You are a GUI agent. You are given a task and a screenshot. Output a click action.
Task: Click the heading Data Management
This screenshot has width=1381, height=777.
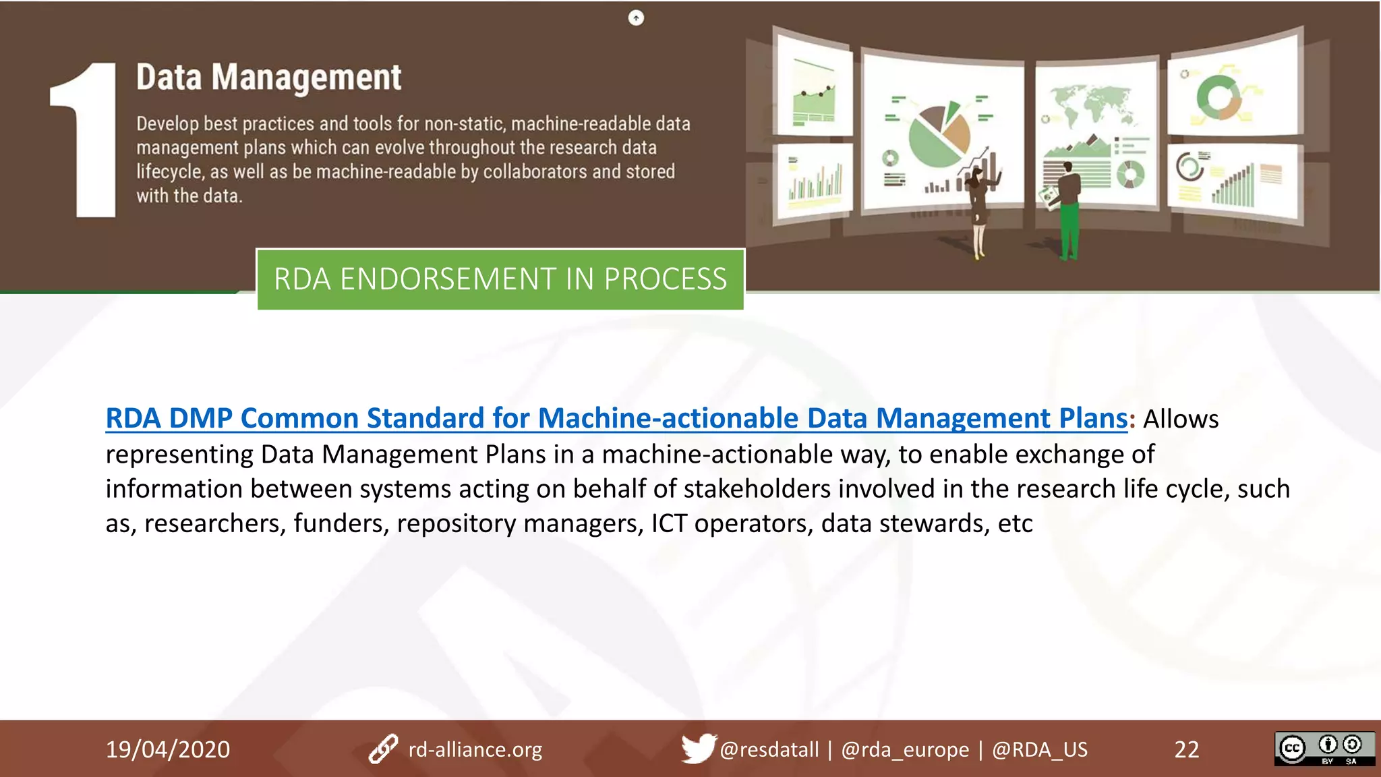(268, 77)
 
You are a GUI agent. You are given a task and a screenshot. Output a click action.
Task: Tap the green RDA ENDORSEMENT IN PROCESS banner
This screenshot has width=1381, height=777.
(500, 279)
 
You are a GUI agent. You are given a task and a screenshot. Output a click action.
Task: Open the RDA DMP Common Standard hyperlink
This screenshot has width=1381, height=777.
(616, 418)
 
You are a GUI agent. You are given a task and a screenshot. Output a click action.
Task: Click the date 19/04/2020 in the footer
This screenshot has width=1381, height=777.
(168, 749)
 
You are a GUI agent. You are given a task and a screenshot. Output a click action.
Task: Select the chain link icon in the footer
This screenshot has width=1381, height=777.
(383, 749)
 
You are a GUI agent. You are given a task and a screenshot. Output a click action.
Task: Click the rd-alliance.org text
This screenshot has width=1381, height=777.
(475, 749)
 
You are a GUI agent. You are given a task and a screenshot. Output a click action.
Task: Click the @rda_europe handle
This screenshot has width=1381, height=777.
(905, 749)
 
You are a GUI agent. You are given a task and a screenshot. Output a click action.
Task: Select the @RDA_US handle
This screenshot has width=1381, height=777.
(1039, 749)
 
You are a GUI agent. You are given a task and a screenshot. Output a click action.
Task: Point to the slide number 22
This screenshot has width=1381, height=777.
(1187, 749)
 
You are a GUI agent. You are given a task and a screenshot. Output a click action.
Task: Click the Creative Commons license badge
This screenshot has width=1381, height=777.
(1324, 749)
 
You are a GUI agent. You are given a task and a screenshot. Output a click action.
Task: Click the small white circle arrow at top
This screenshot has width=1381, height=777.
(636, 18)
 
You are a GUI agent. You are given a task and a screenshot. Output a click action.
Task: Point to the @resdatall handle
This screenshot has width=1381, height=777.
(769, 749)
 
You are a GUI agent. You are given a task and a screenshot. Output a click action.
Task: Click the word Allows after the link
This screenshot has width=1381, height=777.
(1181, 419)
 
